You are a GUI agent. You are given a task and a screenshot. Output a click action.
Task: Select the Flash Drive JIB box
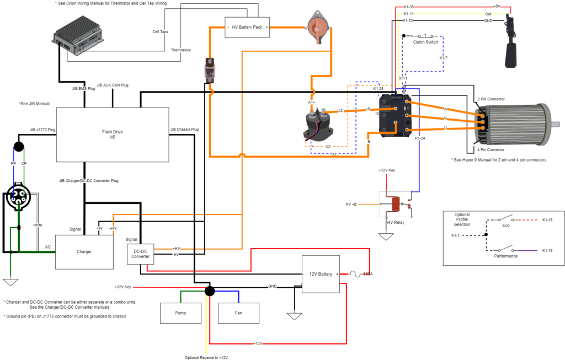coord(113,135)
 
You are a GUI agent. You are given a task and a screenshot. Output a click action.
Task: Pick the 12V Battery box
coord(321,274)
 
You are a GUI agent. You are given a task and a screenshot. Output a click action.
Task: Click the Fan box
coord(238,313)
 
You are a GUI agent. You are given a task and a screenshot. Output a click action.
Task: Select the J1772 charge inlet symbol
coord(20,194)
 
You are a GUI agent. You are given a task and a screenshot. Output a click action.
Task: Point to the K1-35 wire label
coord(408,7)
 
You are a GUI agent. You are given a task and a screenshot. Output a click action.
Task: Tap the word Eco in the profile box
coord(505,225)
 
